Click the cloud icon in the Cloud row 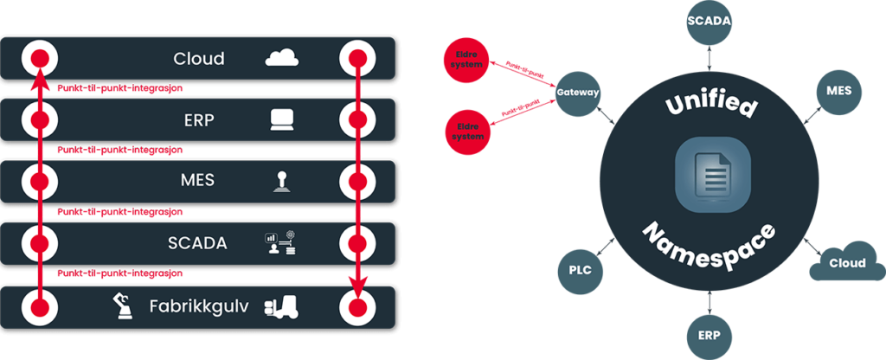282,58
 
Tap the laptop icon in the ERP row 282,119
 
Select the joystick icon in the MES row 282,180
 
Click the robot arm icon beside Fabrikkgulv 121,305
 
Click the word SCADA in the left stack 198,243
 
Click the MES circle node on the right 838,91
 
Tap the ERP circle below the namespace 709,335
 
